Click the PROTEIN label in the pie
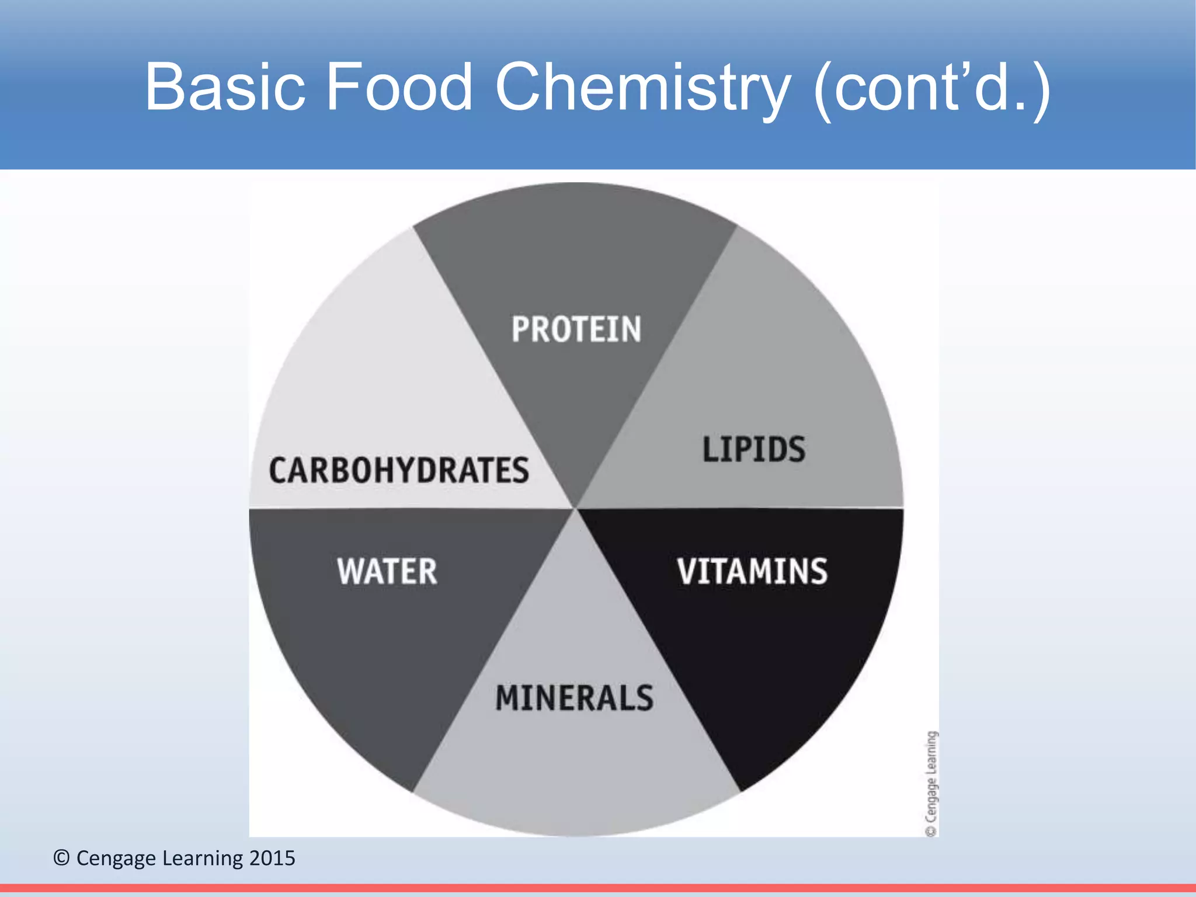point(576,329)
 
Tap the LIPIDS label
point(754,449)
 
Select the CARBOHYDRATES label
point(399,471)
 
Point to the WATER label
point(387,571)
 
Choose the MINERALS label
point(575,698)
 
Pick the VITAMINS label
point(752,571)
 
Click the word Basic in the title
point(225,88)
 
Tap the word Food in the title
point(399,88)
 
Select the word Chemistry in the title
point(642,88)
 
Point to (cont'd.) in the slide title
point(932,88)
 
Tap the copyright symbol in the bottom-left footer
point(61,858)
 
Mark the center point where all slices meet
point(576,508)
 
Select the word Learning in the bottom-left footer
point(202,858)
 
